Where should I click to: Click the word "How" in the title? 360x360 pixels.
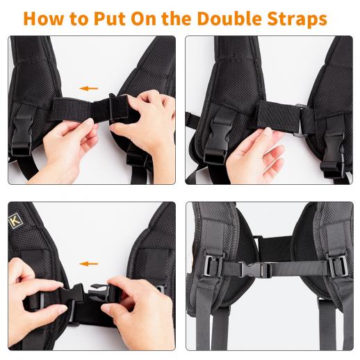43,19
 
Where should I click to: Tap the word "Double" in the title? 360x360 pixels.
230,18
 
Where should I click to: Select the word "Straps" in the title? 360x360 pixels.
297,19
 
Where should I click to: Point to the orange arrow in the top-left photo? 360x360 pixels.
88,88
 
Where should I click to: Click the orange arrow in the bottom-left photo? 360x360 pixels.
88,263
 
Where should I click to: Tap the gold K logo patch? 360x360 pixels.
15,221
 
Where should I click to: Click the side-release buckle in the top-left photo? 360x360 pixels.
22,131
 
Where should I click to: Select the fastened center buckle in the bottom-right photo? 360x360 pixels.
255,270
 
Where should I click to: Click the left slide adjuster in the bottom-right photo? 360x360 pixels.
213,265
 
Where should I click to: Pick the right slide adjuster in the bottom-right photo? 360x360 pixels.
338,266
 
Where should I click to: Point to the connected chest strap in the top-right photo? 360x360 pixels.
278,117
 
